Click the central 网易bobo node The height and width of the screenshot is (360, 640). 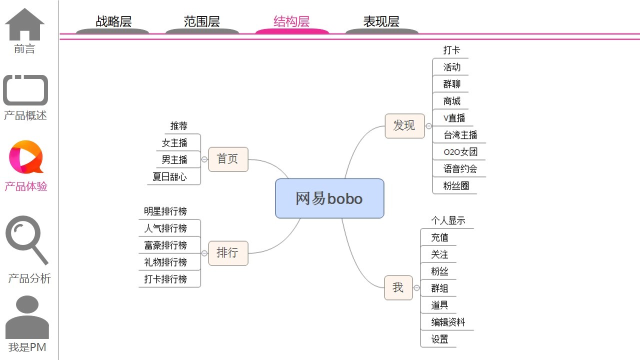pyautogui.click(x=329, y=198)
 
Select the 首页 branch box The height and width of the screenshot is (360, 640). pyautogui.click(x=228, y=159)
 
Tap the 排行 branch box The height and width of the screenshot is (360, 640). pyautogui.click(x=228, y=253)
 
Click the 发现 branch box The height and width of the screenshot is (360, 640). pyautogui.click(x=404, y=125)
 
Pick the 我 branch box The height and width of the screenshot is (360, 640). pyautogui.click(x=398, y=287)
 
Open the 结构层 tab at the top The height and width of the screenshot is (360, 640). pyautogui.click(x=291, y=22)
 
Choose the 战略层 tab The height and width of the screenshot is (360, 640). pyautogui.click(x=113, y=22)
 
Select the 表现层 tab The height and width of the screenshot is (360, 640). pyautogui.click(x=381, y=22)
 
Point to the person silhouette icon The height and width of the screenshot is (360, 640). pyautogui.click(x=27, y=317)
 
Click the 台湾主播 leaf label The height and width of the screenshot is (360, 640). pyautogui.click(x=460, y=135)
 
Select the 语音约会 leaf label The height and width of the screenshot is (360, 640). pyautogui.click(x=460, y=169)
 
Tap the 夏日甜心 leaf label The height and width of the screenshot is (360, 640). pyautogui.click(x=169, y=177)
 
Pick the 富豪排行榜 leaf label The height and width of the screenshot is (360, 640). pyautogui.click(x=165, y=245)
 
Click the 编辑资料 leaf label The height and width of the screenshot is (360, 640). pyautogui.click(x=448, y=322)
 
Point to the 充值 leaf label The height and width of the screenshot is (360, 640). pyautogui.click(x=439, y=237)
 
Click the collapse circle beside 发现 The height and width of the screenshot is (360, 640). pyautogui.click(x=428, y=126)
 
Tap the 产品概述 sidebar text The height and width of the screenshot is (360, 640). pyautogui.click(x=25, y=115)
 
